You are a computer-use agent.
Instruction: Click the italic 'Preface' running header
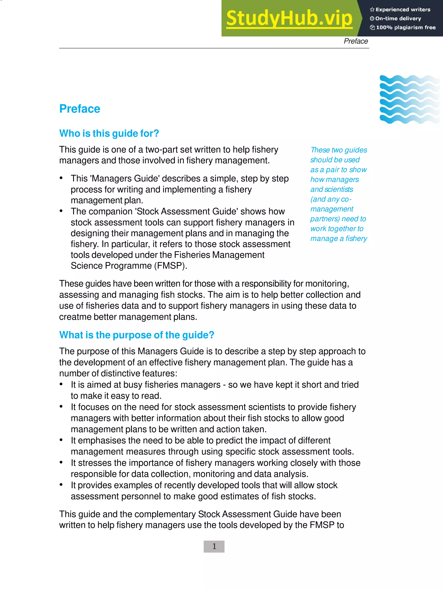(x=356, y=41)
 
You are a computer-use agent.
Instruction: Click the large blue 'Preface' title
(x=80, y=109)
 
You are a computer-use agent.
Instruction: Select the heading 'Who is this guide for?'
(x=109, y=133)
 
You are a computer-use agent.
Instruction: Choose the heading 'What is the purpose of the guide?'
(x=136, y=335)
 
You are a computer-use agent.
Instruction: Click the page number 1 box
(x=214, y=547)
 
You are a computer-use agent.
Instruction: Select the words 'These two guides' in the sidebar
(x=339, y=150)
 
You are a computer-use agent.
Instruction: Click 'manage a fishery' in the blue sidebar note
(x=339, y=239)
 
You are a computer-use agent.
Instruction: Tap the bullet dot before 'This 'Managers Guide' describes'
(x=61, y=178)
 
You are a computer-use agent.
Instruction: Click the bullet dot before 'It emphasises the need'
(x=61, y=440)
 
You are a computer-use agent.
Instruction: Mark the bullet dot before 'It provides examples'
(x=61, y=485)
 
